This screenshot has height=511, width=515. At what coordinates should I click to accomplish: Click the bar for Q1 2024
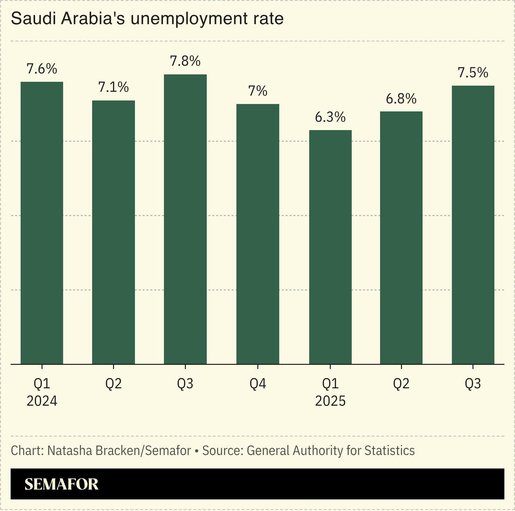[x=42, y=222]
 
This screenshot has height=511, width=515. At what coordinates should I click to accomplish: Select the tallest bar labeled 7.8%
[x=185, y=219]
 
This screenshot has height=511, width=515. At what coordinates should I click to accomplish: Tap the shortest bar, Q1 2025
[x=330, y=246]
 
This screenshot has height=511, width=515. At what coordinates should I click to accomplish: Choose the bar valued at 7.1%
[x=113, y=232]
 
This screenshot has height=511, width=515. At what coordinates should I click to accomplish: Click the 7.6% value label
[x=42, y=69]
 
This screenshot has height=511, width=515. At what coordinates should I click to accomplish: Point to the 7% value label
[x=258, y=91]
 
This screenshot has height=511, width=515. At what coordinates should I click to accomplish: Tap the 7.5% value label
[x=473, y=73]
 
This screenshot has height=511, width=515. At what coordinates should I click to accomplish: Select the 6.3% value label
[x=330, y=117]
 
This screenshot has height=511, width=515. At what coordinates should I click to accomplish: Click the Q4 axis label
[x=258, y=384]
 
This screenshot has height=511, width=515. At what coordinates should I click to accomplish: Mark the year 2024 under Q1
[x=42, y=401]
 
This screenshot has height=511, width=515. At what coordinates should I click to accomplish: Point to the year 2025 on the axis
[x=330, y=401]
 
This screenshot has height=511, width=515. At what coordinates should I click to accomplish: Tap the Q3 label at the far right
[x=473, y=384]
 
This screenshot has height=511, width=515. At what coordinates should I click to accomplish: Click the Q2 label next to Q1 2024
[x=113, y=384]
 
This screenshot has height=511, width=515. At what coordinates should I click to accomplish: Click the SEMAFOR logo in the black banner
[x=61, y=484]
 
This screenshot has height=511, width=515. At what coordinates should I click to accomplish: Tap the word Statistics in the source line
[x=389, y=450]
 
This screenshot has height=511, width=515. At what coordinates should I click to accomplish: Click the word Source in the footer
[x=222, y=450]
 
